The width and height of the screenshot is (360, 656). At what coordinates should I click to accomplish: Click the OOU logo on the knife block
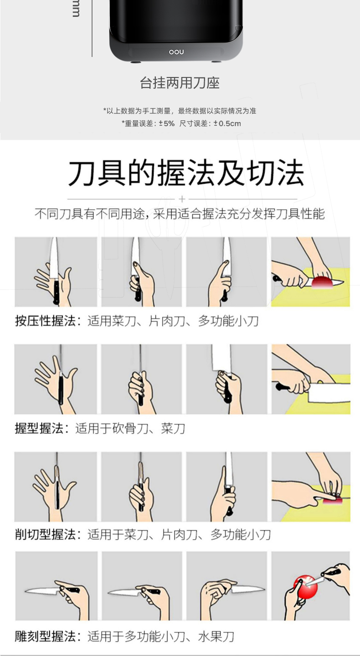(x=176, y=52)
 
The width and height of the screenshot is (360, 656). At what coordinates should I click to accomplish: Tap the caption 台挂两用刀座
(x=180, y=83)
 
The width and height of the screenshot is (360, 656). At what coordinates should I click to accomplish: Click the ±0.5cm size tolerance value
(x=227, y=123)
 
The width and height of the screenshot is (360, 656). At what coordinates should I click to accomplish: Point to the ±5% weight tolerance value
(x=166, y=123)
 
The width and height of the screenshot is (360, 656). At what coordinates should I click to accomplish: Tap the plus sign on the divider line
(x=182, y=199)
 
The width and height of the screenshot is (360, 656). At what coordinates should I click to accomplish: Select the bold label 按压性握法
(x=46, y=321)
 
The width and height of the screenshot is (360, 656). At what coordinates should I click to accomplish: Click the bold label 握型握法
(x=39, y=428)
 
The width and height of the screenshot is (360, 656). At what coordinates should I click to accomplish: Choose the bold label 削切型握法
(x=46, y=534)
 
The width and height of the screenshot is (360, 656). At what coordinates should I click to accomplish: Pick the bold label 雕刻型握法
(x=46, y=636)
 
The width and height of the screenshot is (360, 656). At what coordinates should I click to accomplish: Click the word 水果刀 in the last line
(x=216, y=636)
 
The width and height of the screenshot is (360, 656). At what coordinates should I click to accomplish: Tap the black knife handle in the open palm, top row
(x=56, y=292)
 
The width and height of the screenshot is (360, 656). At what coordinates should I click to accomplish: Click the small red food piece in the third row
(x=333, y=502)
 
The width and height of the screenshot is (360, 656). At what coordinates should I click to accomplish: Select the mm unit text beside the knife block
(x=76, y=9)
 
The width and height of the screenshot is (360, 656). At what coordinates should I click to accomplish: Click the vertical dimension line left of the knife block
(x=92, y=28)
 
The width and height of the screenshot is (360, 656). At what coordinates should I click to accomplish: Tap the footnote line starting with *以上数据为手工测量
(x=180, y=111)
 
